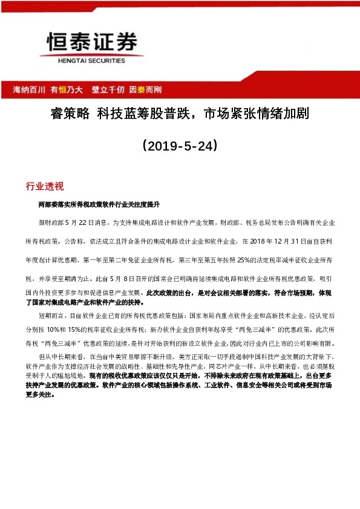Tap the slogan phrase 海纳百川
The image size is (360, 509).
(30, 89)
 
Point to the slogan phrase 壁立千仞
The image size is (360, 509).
(108, 89)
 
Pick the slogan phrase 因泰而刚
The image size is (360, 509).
(145, 89)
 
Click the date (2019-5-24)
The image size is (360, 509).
(179, 146)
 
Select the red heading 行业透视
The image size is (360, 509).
(45, 185)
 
